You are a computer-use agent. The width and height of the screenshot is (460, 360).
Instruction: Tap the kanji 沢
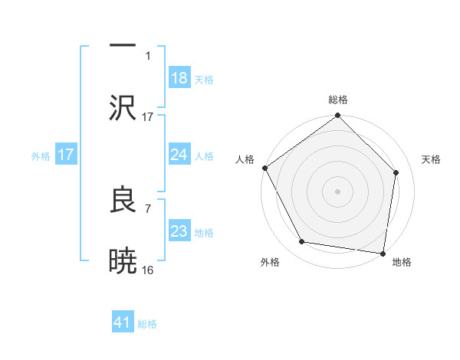pos(123,108)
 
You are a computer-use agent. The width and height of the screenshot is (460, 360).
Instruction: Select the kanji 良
pos(123,199)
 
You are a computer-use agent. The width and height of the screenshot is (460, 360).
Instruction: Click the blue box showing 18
pos(179,78)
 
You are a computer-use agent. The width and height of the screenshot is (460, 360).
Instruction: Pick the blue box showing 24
pos(179,155)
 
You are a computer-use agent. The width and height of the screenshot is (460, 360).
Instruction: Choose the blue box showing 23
pos(179,231)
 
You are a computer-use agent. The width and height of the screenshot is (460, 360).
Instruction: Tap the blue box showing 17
pos(66,155)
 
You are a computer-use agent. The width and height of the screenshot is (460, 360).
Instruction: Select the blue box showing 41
pos(123,322)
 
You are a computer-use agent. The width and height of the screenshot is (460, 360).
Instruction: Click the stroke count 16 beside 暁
pos(148,270)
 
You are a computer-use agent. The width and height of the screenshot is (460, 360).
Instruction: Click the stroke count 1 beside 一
pos(148,56)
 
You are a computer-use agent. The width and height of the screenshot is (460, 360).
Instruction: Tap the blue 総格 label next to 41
pos(147,324)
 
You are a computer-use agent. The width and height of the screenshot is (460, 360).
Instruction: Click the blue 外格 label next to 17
pos(41,155)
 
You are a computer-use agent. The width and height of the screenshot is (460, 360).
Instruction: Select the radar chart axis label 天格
pos(431,159)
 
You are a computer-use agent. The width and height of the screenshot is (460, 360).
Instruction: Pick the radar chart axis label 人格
pos(244,159)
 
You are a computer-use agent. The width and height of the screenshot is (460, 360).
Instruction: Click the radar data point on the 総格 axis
pos(337,116)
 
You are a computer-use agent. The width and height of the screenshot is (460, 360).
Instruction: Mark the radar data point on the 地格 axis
pos(383,254)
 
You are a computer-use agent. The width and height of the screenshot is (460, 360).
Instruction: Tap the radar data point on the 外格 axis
pos(303,242)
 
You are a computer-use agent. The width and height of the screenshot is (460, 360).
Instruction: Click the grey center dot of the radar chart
pos(337,191)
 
